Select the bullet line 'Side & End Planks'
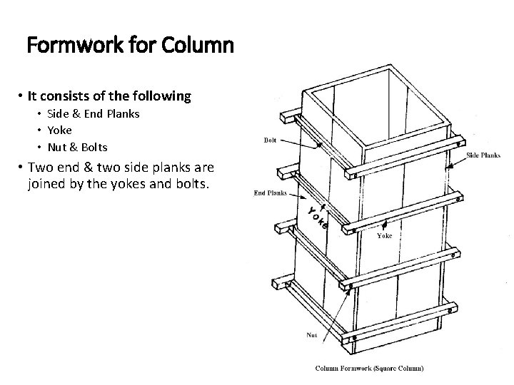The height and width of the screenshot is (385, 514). tap(94, 114)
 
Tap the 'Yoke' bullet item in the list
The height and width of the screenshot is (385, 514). tap(59, 130)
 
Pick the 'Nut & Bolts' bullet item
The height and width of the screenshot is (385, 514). tap(78, 148)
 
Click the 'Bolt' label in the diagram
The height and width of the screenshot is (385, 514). tap(271, 140)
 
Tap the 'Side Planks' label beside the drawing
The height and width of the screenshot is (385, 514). tap(483, 155)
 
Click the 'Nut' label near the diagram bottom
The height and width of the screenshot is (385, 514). tap(312, 334)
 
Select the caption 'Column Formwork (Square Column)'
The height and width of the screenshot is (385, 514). tap(370, 369)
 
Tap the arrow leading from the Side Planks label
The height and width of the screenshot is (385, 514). tap(457, 162)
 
